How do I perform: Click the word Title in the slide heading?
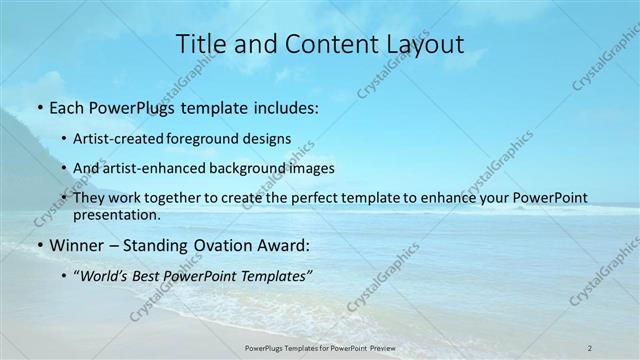point(202,44)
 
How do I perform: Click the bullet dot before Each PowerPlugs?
point(38,108)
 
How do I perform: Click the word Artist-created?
point(126,139)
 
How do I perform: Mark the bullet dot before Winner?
point(38,245)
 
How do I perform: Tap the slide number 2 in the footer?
point(590,347)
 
